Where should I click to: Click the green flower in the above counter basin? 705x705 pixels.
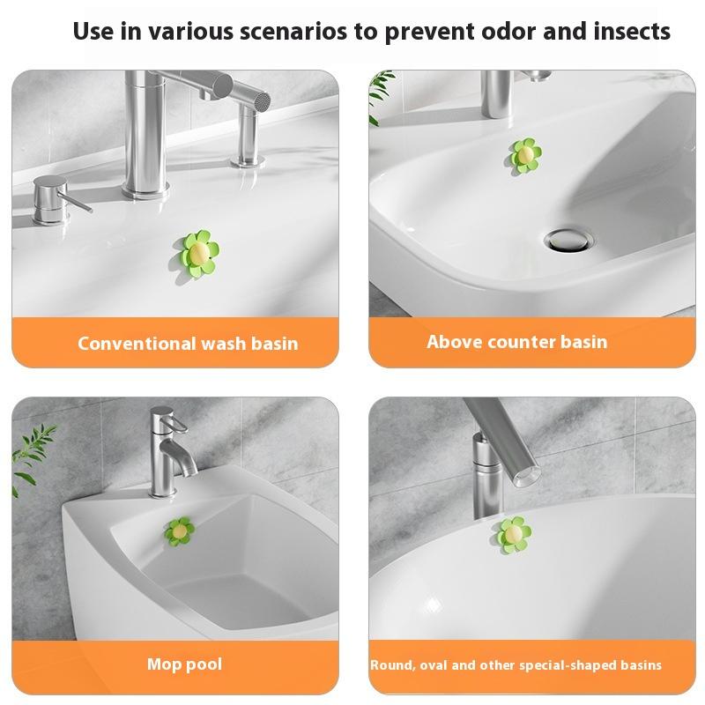525,155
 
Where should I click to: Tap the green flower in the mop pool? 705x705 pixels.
180,531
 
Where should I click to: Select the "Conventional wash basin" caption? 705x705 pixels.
188,343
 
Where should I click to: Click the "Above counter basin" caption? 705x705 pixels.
517,341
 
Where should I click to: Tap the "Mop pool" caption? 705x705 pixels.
184,664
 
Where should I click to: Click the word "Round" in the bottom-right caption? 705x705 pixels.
390,665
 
